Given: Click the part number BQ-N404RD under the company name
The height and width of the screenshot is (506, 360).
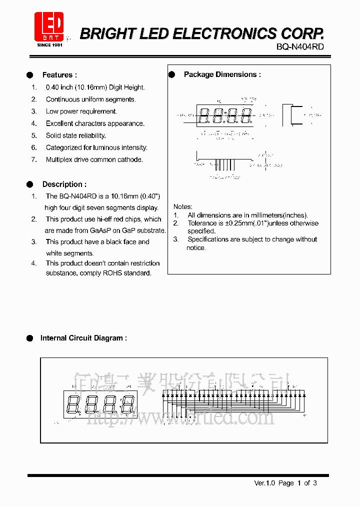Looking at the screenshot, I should pos(300,47).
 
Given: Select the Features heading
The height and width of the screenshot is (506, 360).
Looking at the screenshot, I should pos(59,75).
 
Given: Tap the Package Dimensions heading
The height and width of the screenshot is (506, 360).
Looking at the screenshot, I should pos(222,74).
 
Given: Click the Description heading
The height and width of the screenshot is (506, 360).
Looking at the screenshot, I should pos(64,184).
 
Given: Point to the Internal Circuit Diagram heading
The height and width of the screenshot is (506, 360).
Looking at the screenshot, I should pos(83,338).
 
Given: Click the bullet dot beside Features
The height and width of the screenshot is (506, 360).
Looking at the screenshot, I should pos(30,75).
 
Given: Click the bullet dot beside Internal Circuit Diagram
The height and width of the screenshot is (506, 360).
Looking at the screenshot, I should pos(30,338).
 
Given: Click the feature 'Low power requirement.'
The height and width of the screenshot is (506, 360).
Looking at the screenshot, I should pos(81,111).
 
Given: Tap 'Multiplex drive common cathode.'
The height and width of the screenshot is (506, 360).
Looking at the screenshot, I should pos(94,159).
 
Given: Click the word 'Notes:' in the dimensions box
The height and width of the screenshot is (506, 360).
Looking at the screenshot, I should pos(182,206).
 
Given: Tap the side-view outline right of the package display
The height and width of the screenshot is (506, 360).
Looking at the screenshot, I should pos(292,115).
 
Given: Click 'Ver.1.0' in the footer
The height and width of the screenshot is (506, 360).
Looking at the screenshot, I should pos(265,483).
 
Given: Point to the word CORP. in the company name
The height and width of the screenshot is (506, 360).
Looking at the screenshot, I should pos(302,34).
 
